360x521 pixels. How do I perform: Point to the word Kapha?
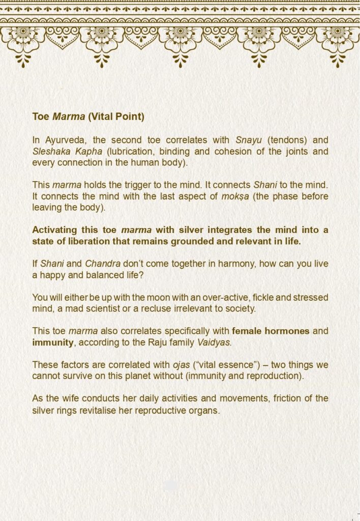(86, 152)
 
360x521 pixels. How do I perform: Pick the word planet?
(145, 376)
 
